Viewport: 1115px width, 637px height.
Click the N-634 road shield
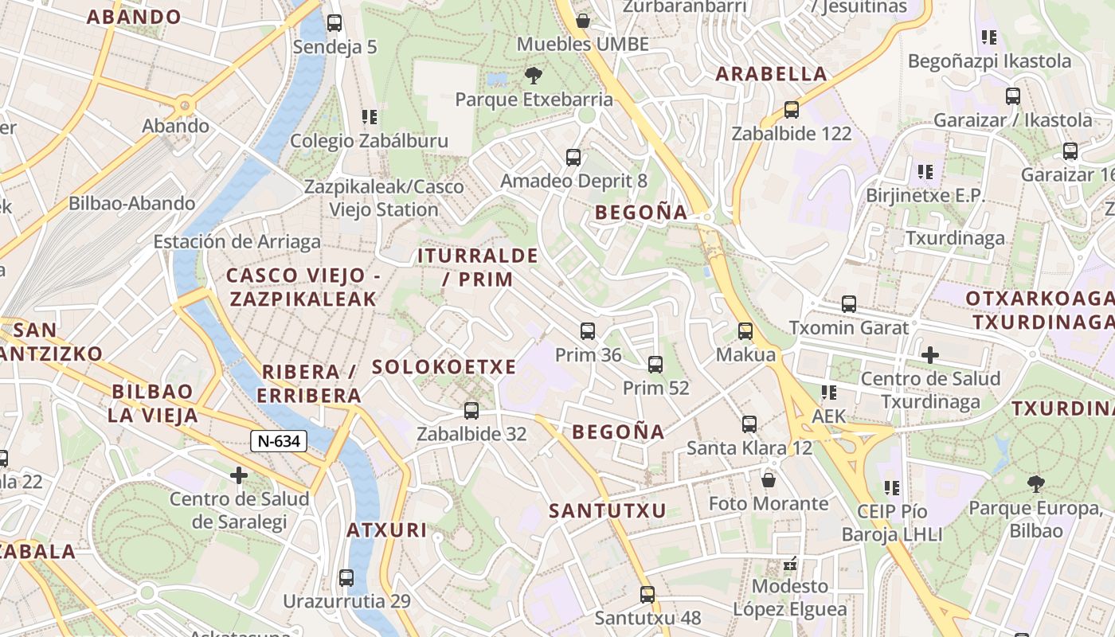[279, 440]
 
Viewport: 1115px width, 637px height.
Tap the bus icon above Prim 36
[588, 330]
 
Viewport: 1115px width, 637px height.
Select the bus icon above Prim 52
[655, 365]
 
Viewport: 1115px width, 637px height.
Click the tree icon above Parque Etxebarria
[534, 76]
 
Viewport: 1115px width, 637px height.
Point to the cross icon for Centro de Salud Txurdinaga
[929, 354]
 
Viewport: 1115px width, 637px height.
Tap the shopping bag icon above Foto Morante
[769, 480]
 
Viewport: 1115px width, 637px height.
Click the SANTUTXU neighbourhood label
[608, 511]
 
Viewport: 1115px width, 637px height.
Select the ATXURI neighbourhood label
[387, 530]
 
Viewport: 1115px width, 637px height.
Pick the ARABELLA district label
[771, 74]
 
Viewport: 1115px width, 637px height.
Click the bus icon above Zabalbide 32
[471, 410]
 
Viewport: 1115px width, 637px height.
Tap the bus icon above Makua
[745, 330]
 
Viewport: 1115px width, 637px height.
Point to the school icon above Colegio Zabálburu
[369, 117]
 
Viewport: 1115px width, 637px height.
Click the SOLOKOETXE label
[444, 367]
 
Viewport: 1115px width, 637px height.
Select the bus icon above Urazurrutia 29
[346, 577]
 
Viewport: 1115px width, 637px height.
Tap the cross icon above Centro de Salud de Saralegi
[238, 475]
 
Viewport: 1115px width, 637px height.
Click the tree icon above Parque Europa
[1035, 483]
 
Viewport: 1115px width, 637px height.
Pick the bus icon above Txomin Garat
[849, 303]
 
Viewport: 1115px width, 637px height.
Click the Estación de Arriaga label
[237, 242]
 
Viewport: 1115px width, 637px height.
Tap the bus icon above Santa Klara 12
[749, 424]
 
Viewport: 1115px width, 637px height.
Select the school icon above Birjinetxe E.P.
[925, 171]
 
